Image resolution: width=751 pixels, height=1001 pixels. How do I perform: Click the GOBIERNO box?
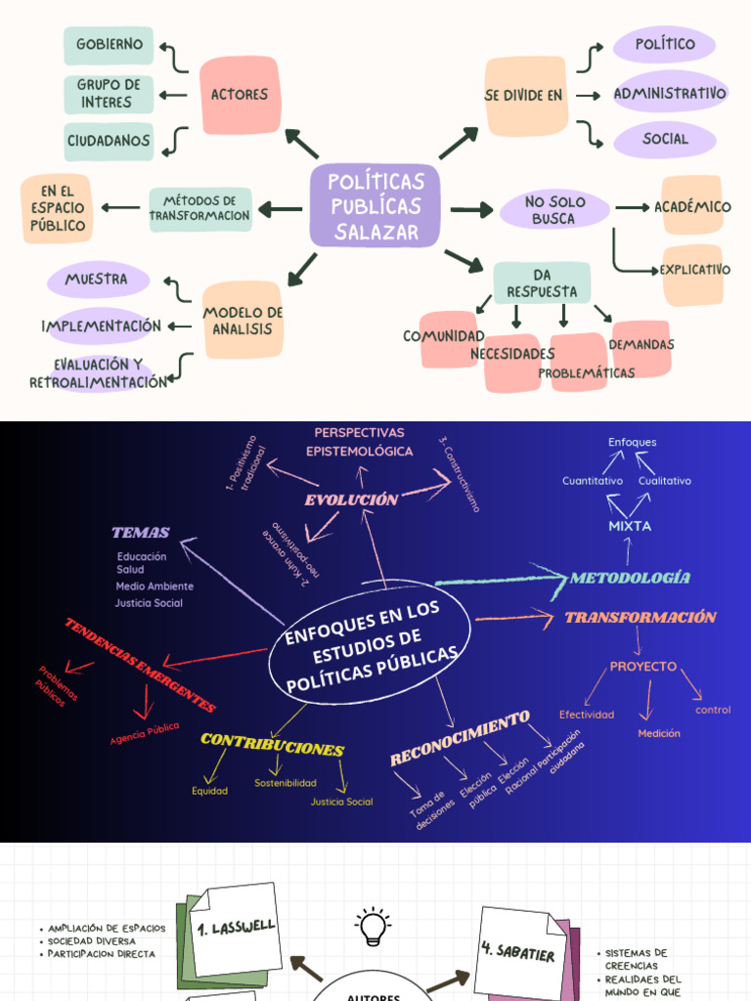coord(109,45)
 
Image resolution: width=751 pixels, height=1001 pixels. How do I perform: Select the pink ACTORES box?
coord(240,95)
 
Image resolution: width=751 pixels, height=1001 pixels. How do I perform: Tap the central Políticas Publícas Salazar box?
coord(375,206)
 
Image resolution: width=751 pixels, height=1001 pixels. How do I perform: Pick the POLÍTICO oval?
coord(665,44)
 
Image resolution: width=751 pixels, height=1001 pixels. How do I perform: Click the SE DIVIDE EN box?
coord(526,96)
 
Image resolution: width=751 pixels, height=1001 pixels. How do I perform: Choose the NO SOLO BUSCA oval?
coord(554,210)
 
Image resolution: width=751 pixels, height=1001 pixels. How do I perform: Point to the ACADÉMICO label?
coord(692,206)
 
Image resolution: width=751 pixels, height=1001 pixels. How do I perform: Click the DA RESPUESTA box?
coord(542,283)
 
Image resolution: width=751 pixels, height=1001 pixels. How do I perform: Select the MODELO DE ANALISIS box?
coord(243,320)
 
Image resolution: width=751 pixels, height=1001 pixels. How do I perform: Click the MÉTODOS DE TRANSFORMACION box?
coord(200,208)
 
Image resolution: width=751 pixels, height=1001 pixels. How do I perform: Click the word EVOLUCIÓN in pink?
coord(351,500)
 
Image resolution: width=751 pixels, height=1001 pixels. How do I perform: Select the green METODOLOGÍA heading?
coord(630,578)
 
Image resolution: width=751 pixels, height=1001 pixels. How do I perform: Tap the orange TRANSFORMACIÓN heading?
coord(641,618)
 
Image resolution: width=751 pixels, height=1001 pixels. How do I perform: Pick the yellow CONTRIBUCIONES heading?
coord(272,745)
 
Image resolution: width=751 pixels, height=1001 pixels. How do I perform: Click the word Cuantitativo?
coord(593,481)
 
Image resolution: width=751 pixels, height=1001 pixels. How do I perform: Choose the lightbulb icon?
coord(373,926)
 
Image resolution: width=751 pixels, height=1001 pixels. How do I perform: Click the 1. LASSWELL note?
coord(235,927)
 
